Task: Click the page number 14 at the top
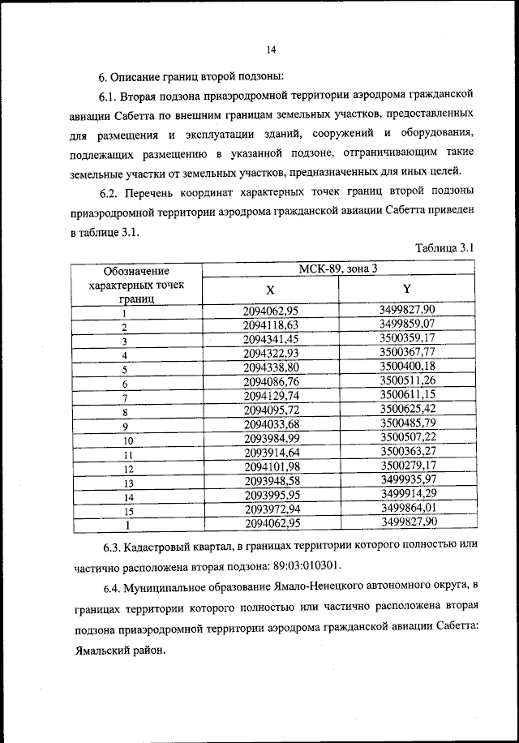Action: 271,49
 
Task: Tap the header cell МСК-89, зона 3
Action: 337,268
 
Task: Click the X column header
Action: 271,290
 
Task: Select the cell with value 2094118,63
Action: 271,325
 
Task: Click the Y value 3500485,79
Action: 407,423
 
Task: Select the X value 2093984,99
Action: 271,438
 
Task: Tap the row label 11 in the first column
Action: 127,454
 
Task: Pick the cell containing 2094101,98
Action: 271,466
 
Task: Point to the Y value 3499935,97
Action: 407,479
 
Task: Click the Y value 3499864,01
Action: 407,508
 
